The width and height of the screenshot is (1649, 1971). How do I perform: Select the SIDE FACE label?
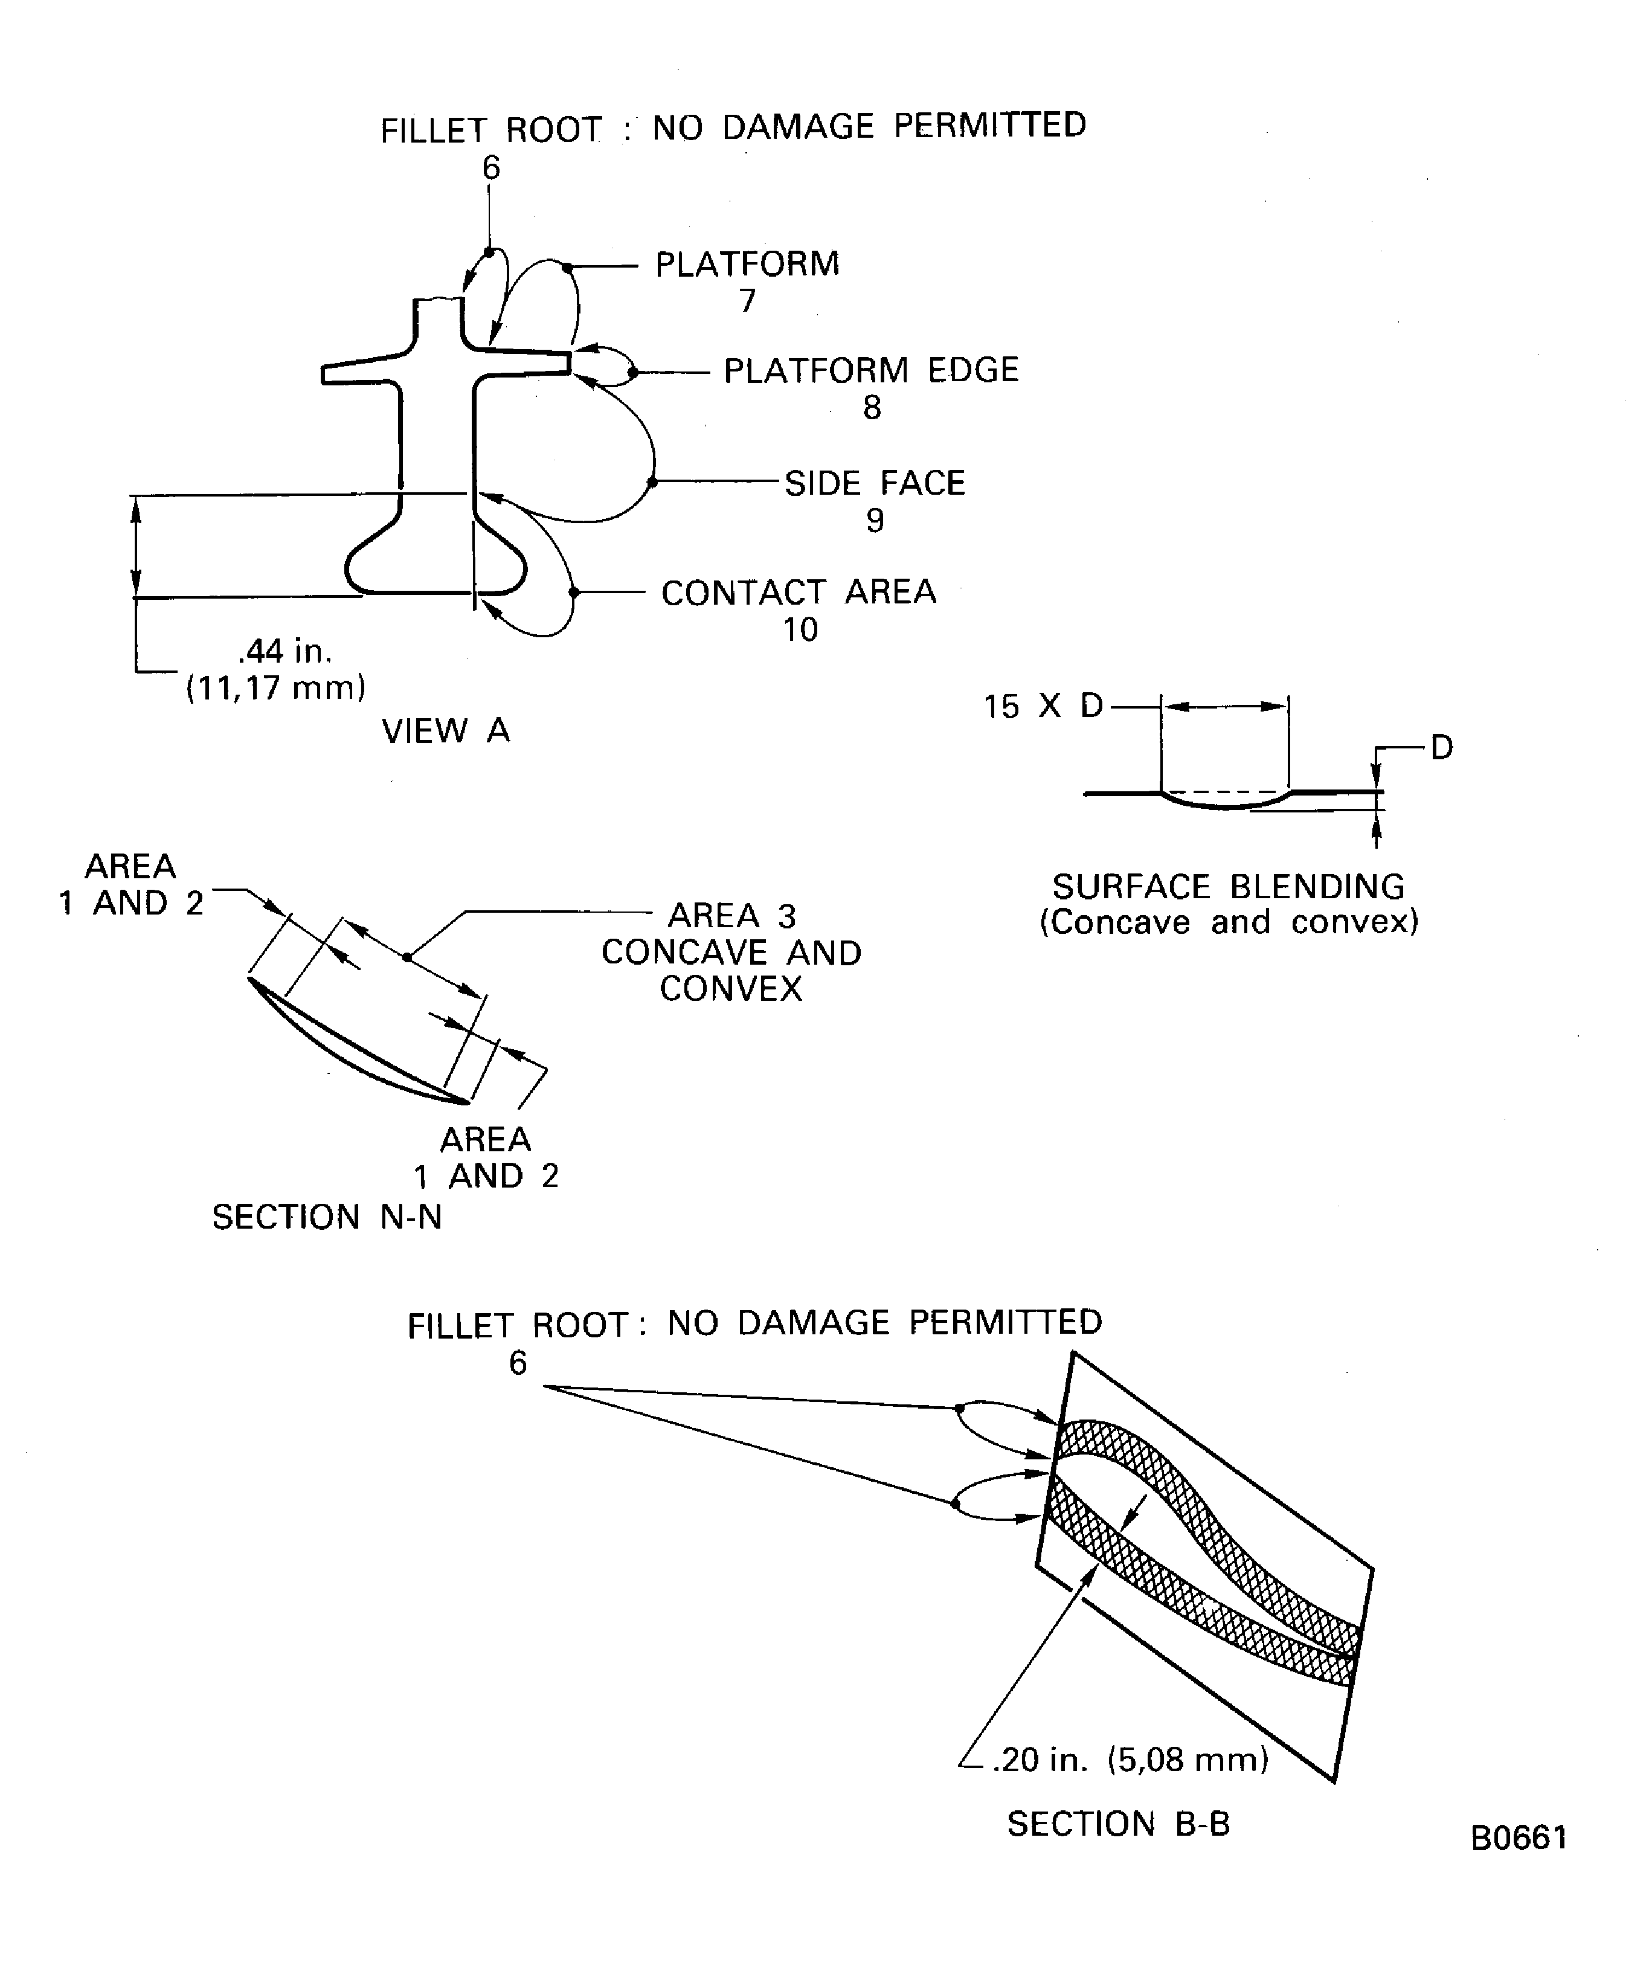coord(875,483)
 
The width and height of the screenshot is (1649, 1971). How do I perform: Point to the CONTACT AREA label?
coord(799,592)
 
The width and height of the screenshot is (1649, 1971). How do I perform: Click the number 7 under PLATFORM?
coord(747,300)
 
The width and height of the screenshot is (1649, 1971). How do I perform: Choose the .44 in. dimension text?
coord(285,651)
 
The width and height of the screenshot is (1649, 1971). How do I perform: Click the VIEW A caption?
coord(446,730)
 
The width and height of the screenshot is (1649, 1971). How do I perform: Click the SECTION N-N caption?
coord(327,1217)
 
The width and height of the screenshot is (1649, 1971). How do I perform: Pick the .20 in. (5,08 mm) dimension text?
coord(1130,1759)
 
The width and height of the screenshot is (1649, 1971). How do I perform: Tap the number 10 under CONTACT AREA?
coord(800,630)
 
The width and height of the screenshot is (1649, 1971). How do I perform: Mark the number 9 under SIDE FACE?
coord(875,520)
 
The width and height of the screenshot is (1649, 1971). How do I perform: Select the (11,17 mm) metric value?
coord(276,688)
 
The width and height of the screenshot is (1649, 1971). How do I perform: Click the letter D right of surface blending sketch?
coord(1442,747)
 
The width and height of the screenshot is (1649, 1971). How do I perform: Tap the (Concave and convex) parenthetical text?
coord(1229,922)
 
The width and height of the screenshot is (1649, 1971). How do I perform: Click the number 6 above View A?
coord(491,167)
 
